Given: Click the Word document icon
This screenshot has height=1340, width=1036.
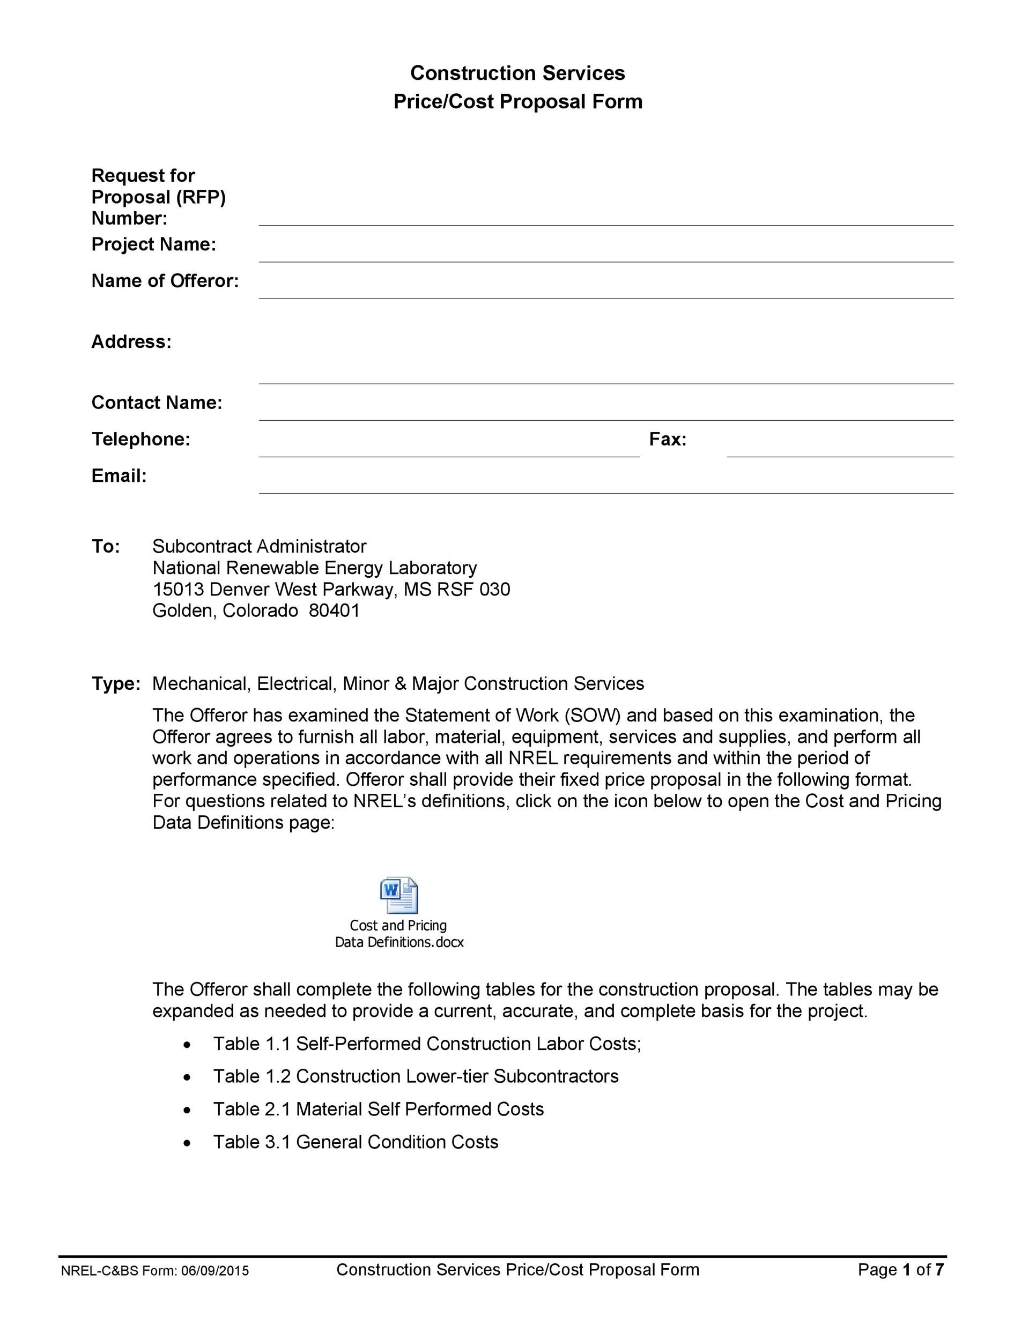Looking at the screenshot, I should [399, 895].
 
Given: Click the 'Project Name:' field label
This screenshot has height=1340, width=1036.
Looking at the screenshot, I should [153, 244].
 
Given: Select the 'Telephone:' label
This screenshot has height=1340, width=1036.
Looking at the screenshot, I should [140, 440].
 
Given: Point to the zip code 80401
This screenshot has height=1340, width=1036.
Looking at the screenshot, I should [334, 611].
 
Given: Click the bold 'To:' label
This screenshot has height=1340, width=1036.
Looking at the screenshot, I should [106, 546].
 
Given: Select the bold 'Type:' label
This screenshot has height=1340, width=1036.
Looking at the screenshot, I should [115, 683].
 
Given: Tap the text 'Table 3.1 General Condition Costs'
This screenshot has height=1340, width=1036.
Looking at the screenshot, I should [356, 1142].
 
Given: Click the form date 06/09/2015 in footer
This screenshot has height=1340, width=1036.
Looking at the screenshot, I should [215, 1270].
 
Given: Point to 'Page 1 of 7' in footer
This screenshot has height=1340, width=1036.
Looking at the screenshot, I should [900, 1269].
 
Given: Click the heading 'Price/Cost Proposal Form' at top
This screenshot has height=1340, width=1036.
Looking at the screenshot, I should [517, 102].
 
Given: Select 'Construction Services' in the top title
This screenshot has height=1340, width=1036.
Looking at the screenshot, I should [517, 73].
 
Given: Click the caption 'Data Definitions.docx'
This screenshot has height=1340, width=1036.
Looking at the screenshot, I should [399, 942].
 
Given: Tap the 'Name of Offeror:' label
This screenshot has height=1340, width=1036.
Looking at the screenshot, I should [165, 281].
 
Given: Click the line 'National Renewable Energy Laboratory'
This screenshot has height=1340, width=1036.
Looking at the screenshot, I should [314, 568].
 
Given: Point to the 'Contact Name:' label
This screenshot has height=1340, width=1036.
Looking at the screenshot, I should [157, 403].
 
